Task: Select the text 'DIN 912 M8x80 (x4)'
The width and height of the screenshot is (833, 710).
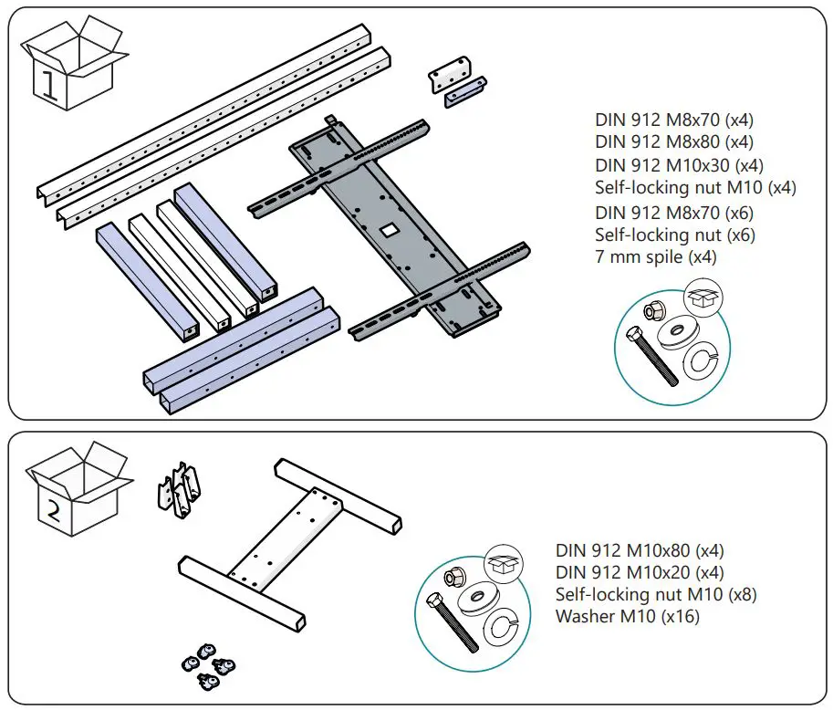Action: pyautogui.click(x=674, y=142)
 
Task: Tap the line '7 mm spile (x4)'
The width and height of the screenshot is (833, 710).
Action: pyautogui.click(x=655, y=257)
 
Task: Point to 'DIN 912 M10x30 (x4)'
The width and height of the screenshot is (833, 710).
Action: pyautogui.click(x=679, y=165)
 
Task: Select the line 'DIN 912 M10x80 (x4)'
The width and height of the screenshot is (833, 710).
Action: pyautogui.click(x=640, y=550)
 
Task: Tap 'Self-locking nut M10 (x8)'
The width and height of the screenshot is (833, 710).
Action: pyautogui.click(x=656, y=594)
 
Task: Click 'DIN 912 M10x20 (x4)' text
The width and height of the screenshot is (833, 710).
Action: pyautogui.click(x=640, y=572)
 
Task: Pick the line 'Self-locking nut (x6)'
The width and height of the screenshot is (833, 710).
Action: pyautogui.click(x=674, y=235)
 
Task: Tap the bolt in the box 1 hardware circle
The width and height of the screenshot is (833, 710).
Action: pyautogui.click(x=653, y=357)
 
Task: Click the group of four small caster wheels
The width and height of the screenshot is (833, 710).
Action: pyautogui.click(x=209, y=661)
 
